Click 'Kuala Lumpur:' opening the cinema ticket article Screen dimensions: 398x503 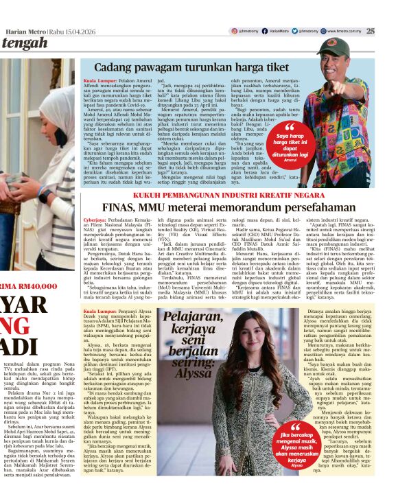coord(99,80)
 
